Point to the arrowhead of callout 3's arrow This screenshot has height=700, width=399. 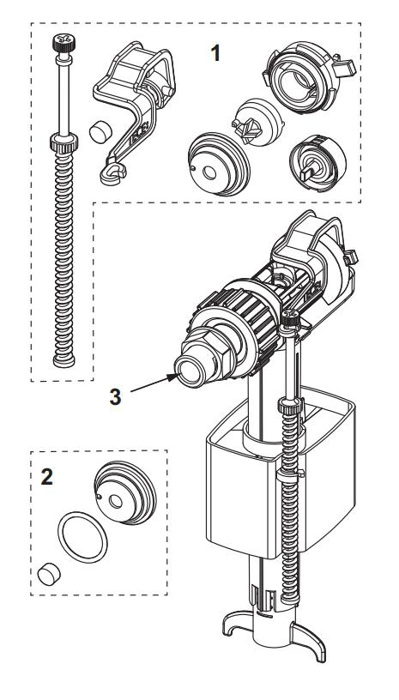(174, 374)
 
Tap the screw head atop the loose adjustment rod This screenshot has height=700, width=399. (63, 40)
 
